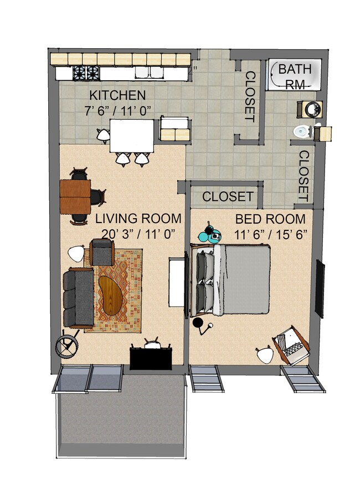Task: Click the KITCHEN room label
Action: tap(118, 95)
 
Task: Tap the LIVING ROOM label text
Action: tap(138, 218)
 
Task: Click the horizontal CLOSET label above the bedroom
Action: tap(228, 197)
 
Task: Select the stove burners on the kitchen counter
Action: tap(86, 73)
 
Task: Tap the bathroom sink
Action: tap(309, 109)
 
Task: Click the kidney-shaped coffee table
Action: tap(114, 292)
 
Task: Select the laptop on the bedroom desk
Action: tap(291, 344)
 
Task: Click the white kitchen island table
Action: tap(132, 136)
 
